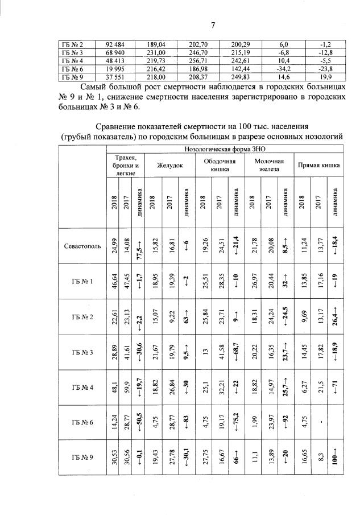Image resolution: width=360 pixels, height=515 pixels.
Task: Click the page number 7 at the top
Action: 213,24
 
